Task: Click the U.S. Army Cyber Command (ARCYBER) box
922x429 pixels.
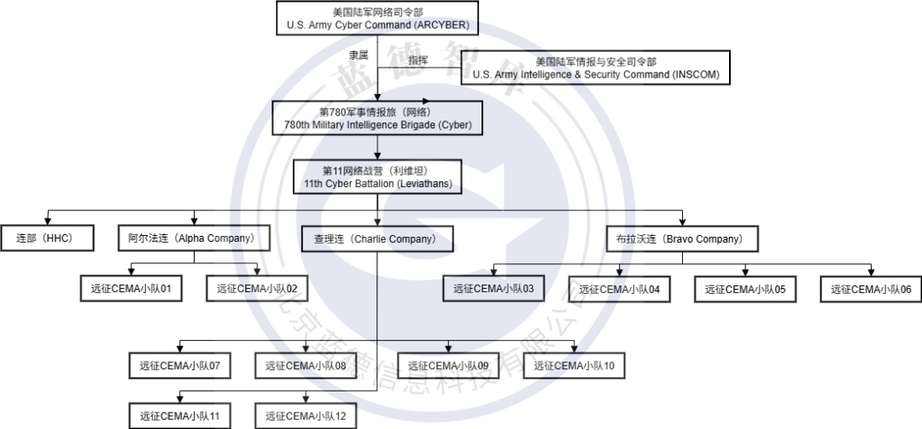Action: [377, 18]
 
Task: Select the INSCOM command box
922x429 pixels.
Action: [595, 68]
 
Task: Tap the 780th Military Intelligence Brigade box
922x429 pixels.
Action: [377, 118]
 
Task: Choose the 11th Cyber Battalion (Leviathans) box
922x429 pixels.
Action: [377, 177]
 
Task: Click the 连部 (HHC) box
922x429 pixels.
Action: [47, 238]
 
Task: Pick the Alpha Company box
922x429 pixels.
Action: [194, 238]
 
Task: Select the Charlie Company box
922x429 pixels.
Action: [377, 239]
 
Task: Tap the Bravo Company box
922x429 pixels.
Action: [682, 239]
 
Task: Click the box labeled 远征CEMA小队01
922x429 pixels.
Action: [131, 289]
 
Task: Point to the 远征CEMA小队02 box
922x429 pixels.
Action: [257, 289]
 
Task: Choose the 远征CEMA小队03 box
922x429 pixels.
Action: [493, 288]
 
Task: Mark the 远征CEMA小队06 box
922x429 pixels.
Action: [871, 290]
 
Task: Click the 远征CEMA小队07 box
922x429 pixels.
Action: [179, 366]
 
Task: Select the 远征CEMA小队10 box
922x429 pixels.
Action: [574, 366]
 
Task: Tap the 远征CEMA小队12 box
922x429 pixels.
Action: [306, 416]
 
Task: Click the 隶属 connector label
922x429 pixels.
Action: [359, 55]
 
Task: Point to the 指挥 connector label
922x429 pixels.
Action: [418, 60]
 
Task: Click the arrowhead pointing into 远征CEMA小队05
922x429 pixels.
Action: [745, 271]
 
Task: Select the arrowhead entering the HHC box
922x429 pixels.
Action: [47, 220]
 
